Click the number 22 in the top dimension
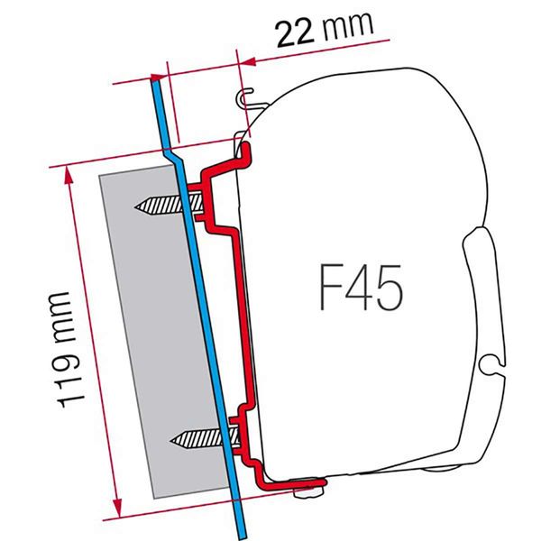click(x=293, y=33)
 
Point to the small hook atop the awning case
click(x=246, y=97)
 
